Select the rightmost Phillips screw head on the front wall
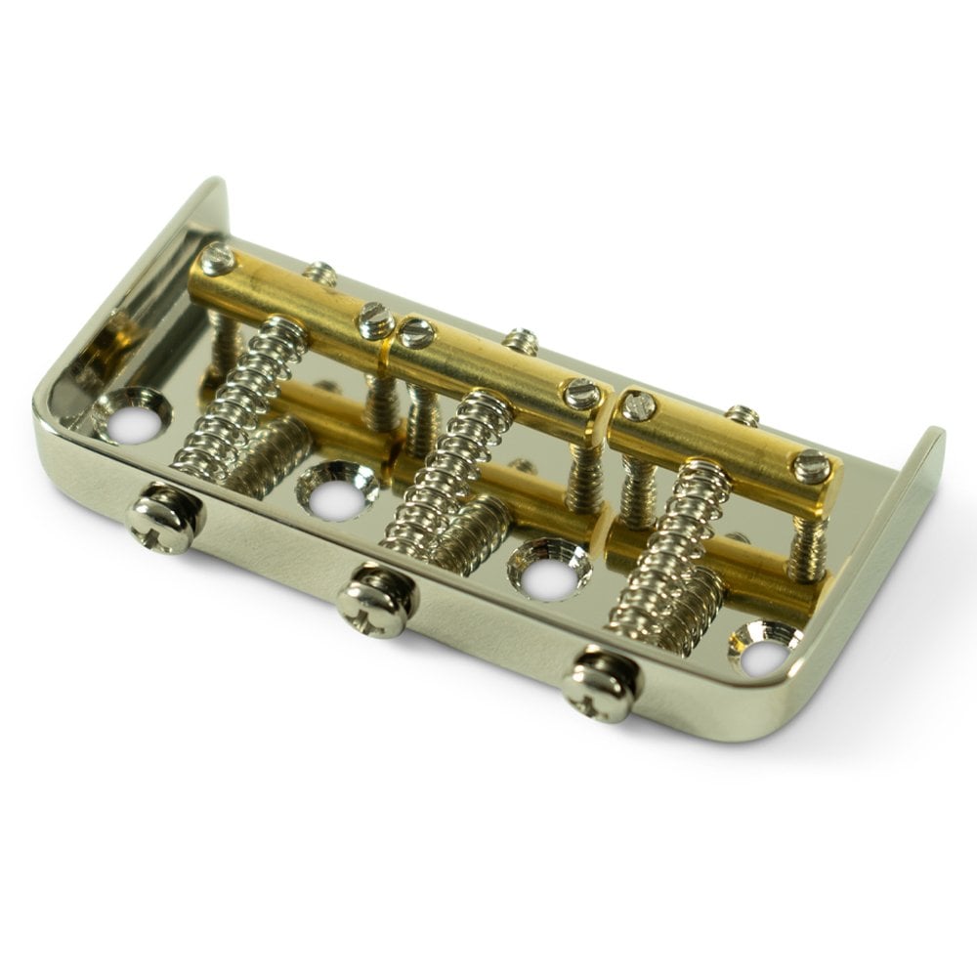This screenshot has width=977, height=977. (x=600, y=686)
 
